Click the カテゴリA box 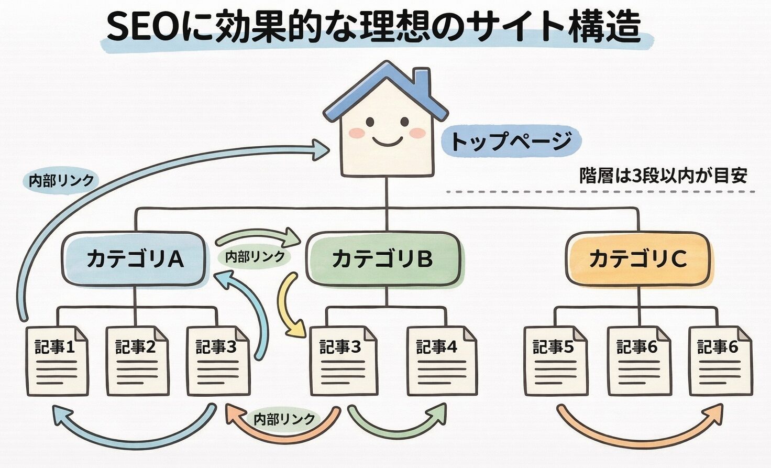[x=134, y=259]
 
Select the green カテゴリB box [x=383, y=259]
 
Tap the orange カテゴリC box [x=638, y=259]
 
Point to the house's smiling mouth [x=387, y=142]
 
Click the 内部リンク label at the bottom [x=284, y=419]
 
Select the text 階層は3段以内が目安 [x=662, y=176]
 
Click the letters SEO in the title [x=141, y=26]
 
